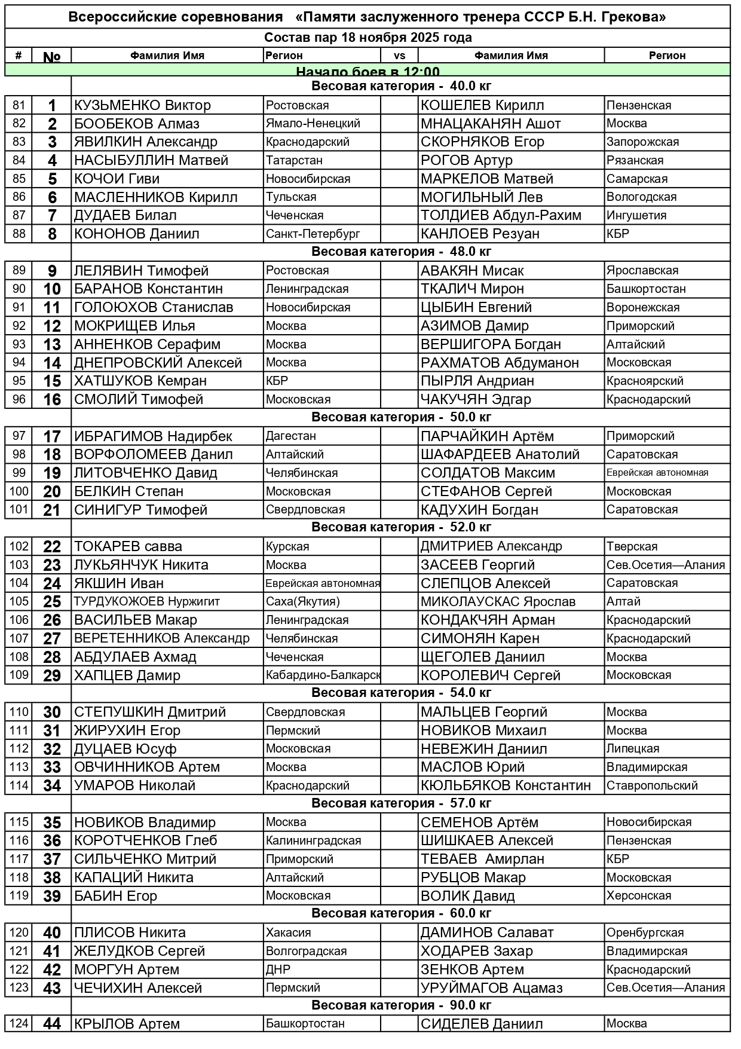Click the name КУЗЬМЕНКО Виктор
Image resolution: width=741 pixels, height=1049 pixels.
(x=142, y=106)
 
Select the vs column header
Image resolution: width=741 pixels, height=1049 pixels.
(x=400, y=56)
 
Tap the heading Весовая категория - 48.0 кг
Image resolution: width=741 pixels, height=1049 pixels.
(x=401, y=252)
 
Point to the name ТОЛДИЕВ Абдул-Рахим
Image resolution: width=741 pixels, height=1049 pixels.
(x=501, y=216)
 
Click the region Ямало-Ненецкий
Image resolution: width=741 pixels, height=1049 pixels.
(x=313, y=124)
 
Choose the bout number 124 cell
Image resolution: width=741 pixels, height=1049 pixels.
(x=19, y=1024)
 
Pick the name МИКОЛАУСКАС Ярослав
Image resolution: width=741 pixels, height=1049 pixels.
(x=498, y=602)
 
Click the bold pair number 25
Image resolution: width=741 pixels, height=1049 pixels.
(x=52, y=602)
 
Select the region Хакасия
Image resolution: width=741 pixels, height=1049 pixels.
(x=288, y=932)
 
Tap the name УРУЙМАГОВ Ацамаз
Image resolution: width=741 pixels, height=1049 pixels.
(x=491, y=988)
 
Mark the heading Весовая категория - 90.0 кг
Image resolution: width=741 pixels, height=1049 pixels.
(x=401, y=1005)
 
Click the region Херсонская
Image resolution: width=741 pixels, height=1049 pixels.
(x=638, y=896)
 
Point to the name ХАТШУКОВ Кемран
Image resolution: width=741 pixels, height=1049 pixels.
(x=140, y=381)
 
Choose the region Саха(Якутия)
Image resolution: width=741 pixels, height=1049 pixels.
(x=302, y=602)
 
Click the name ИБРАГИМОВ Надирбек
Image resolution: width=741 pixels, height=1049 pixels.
(x=153, y=436)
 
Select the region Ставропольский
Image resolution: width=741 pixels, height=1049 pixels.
(x=652, y=785)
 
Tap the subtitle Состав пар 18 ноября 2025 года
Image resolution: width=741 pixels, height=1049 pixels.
(x=368, y=38)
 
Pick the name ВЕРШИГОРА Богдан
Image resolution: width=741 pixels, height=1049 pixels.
(x=491, y=344)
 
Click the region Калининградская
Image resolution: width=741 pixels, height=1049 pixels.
(x=313, y=841)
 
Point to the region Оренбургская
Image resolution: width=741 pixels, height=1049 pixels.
(x=645, y=932)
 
